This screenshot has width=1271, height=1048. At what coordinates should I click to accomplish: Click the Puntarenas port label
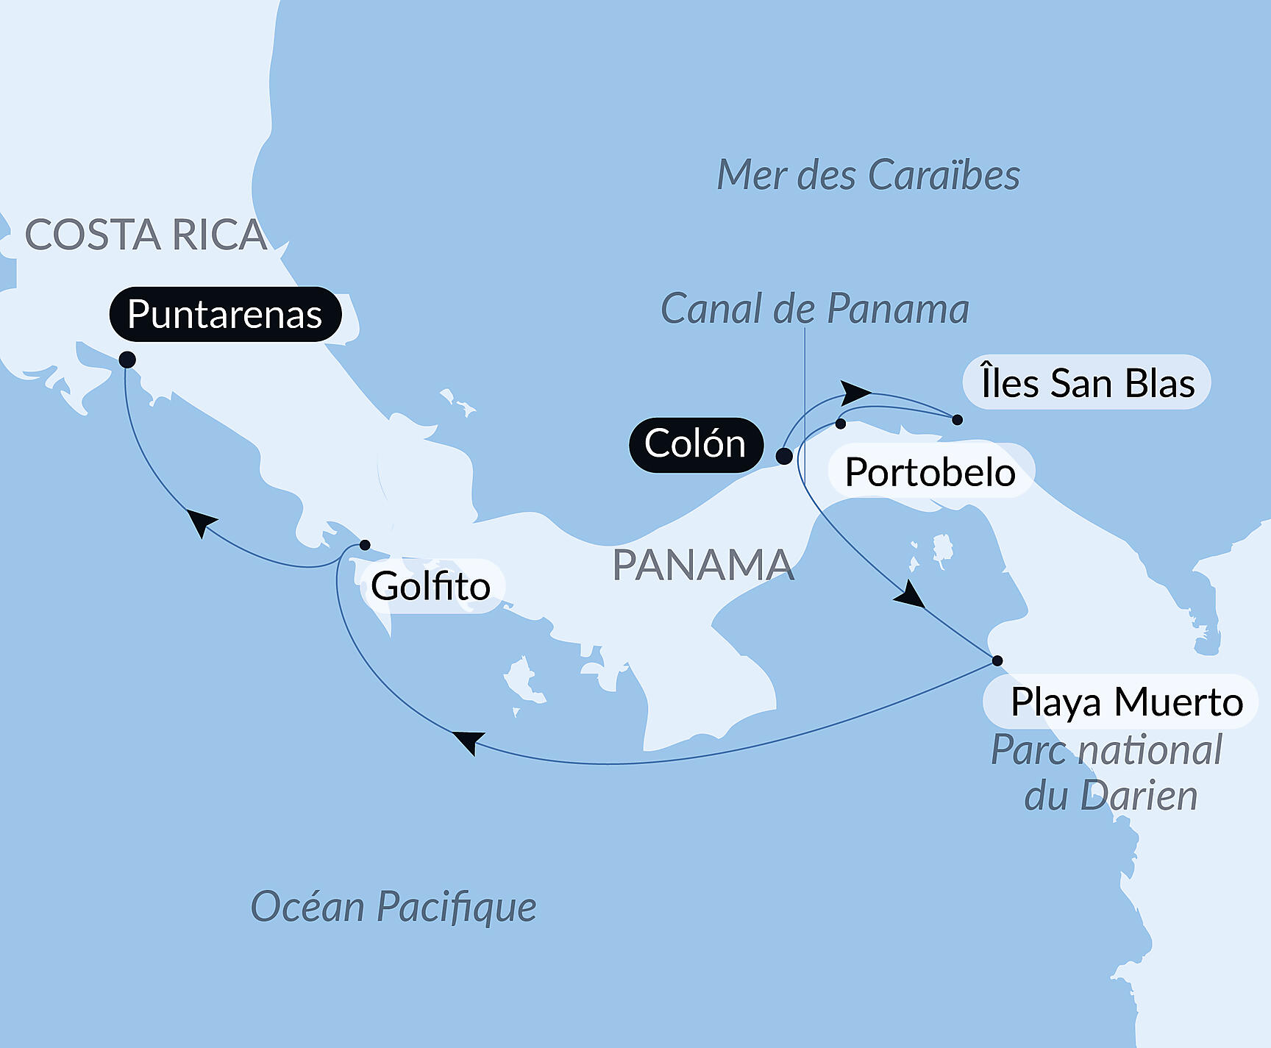pyautogui.click(x=225, y=315)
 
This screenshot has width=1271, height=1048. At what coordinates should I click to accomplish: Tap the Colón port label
pyautogui.click(x=695, y=444)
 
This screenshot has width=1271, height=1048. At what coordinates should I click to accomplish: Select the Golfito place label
pyautogui.click(x=431, y=586)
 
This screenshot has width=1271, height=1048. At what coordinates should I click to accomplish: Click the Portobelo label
pyautogui.click(x=930, y=471)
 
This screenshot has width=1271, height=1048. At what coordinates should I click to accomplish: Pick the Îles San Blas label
pyautogui.click(x=1087, y=383)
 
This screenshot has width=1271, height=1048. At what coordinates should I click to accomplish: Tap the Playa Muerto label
pyautogui.click(x=1126, y=702)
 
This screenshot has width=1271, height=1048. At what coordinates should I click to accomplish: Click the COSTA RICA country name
pyautogui.click(x=146, y=235)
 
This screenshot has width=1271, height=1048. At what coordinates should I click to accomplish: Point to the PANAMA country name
pyautogui.click(x=703, y=565)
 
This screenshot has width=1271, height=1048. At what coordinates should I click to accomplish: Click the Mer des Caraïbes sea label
pyautogui.click(x=868, y=175)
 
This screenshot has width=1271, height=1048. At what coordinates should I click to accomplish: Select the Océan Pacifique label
pyautogui.click(x=394, y=906)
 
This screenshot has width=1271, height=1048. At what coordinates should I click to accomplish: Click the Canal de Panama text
pyautogui.click(x=814, y=308)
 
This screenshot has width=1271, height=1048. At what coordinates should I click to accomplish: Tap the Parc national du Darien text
pyautogui.click(x=1107, y=772)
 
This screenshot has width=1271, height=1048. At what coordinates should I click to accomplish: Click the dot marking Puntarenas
pyautogui.click(x=127, y=360)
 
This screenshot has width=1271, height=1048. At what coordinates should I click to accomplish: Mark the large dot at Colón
pyautogui.click(x=784, y=456)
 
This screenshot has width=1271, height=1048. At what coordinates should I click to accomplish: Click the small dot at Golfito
pyautogui.click(x=365, y=545)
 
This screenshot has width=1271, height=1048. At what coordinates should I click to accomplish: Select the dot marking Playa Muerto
pyautogui.click(x=997, y=660)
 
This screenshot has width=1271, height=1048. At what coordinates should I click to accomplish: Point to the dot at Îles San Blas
pyautogui.click(x=957, y=420)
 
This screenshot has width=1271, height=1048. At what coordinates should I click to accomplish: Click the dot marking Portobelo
pyautogui.click(x=841, y=424)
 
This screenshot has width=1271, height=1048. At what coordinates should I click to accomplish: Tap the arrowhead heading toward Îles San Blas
pyautogui.click(x=855, y=392)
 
